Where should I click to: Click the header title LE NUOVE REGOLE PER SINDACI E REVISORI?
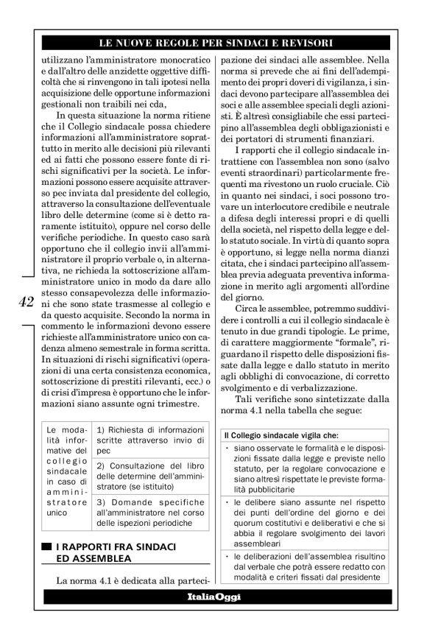tap(213, 43)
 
